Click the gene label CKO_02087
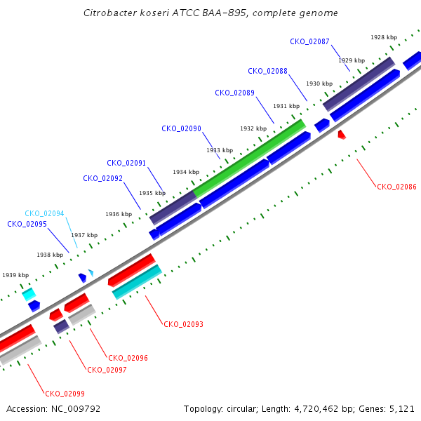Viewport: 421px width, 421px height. coord(309,41)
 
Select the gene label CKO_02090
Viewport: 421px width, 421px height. coord(181,128)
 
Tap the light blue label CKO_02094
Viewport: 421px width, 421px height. coord(44,213)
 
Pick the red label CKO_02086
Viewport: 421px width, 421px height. coord(396,187)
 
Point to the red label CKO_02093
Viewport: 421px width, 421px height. coord(183,324)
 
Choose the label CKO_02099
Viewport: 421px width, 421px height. coord(65,394)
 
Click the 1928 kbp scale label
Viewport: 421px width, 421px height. coord(384,37)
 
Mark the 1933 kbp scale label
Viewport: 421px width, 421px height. coord(220,150)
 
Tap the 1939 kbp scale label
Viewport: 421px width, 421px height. coord(15,275)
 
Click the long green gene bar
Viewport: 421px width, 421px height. coord(249,159)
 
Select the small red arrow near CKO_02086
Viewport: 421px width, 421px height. coord(342,135)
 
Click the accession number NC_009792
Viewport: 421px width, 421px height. coord(76,409)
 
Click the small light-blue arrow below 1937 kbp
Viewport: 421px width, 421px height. coord(91,273)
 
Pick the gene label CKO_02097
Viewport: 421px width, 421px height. coord(107,370)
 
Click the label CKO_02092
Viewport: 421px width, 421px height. coord(103,178)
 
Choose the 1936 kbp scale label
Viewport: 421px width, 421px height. coord(119,214)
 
